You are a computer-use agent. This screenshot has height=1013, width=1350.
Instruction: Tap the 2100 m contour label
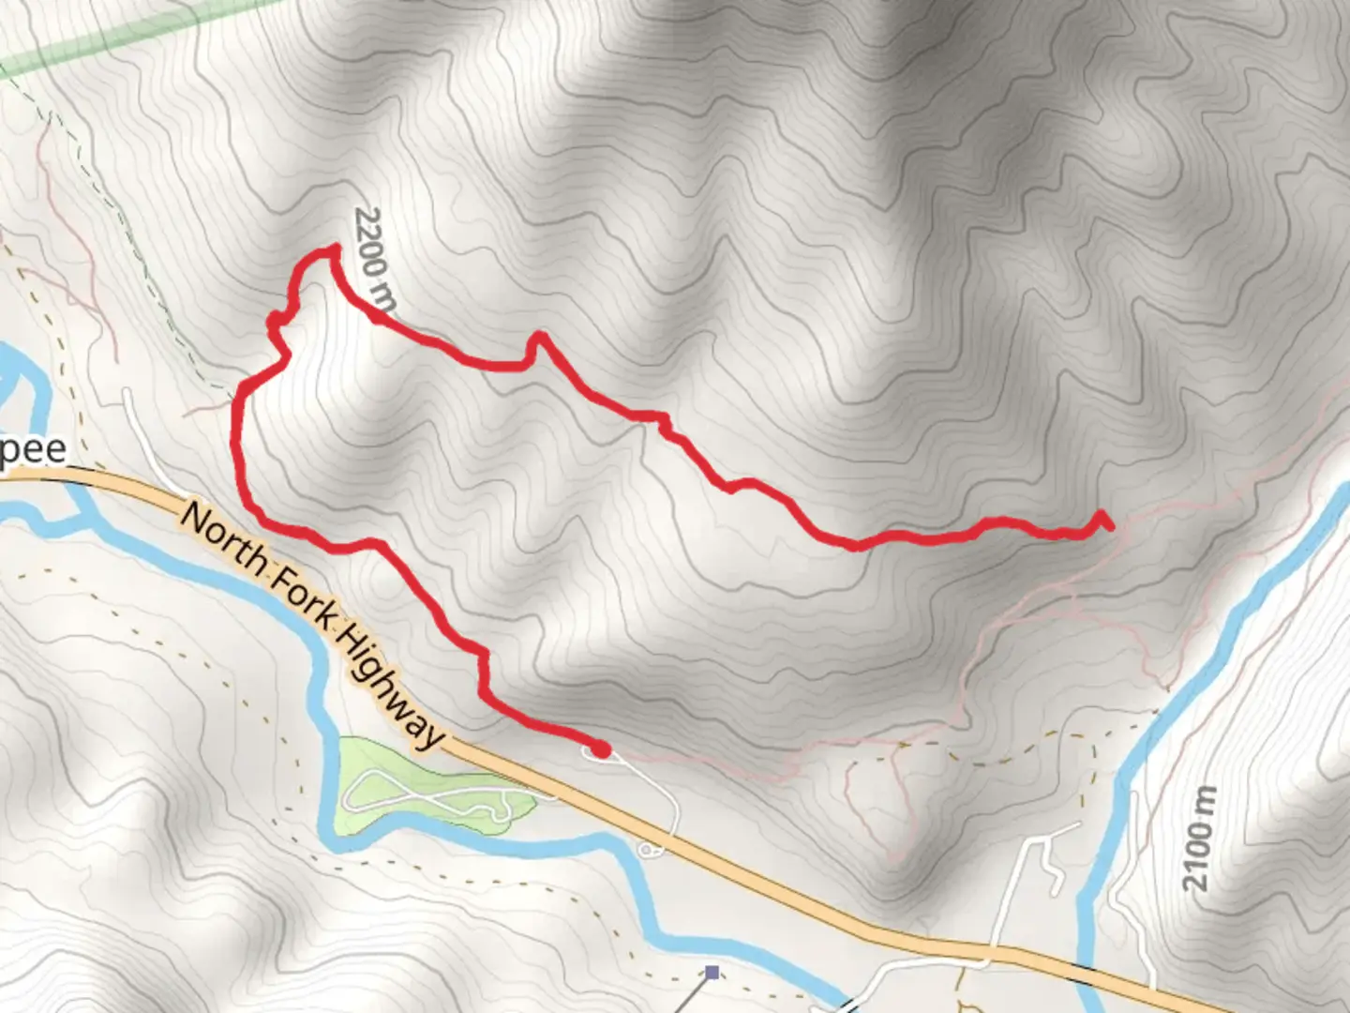point(1200,839)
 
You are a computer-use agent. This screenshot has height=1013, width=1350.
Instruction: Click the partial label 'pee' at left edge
point(34,449)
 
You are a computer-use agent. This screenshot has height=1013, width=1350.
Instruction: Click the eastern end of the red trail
point(1106,523)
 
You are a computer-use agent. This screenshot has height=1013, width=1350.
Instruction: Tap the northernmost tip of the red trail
point(332,249)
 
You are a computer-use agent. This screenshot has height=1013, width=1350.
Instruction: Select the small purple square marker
point(712,973)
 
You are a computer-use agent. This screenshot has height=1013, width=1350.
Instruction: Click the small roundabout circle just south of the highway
point(647,850)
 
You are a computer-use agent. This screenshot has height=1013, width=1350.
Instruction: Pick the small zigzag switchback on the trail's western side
point(277,324)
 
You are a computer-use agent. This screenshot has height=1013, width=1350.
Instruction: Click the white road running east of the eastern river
point(1130,900)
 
